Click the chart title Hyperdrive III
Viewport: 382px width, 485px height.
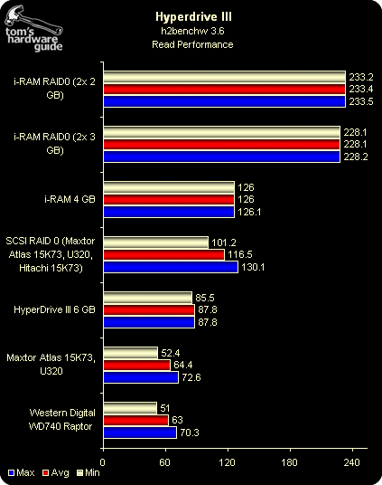pos(193,16)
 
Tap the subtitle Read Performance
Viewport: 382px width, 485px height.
pos(192,44)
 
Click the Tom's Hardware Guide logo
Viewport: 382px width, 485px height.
pos(33,29)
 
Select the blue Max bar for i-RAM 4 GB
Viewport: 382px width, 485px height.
pos(169,212)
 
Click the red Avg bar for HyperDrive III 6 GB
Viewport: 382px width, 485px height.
pos(149,310)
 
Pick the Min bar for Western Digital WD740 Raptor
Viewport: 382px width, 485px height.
pos(130,408)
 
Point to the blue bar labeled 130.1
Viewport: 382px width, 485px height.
pos(171,267)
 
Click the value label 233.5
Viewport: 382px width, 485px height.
pos(361,101)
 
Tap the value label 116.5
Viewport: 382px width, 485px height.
pos(240,254)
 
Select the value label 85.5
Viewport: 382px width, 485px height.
pos(205,298)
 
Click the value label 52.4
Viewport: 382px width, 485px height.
pos(171,353)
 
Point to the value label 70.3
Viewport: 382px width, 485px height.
pos(190,433)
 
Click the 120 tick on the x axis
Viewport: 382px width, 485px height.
pos(228,462)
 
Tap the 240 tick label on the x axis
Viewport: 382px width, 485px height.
pos(352,462)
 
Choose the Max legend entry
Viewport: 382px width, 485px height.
pos(22,472)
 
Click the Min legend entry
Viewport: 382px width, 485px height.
pos(89,472)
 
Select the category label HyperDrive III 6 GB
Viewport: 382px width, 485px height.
pos(54,309)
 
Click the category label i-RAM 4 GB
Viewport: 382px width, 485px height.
pos(70,199)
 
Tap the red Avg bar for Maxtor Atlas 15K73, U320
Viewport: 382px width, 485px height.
pos(136,366)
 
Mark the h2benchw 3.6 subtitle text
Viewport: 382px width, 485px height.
pos(192,31)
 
